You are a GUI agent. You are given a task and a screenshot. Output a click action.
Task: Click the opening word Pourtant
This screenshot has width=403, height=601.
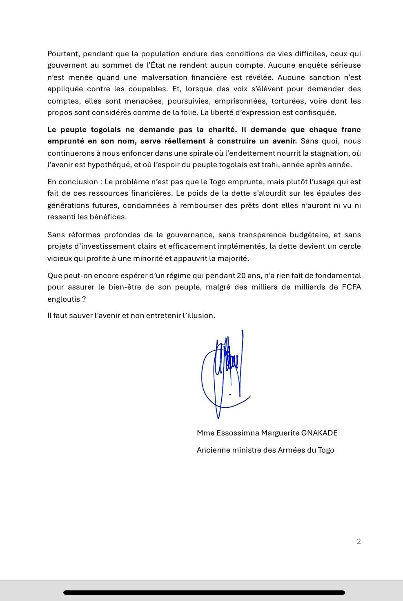coord(62,54)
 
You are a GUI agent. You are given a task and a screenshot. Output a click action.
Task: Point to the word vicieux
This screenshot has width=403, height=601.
coord(60,259)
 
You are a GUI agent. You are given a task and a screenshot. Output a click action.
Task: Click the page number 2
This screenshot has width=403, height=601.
coord(358,541)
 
